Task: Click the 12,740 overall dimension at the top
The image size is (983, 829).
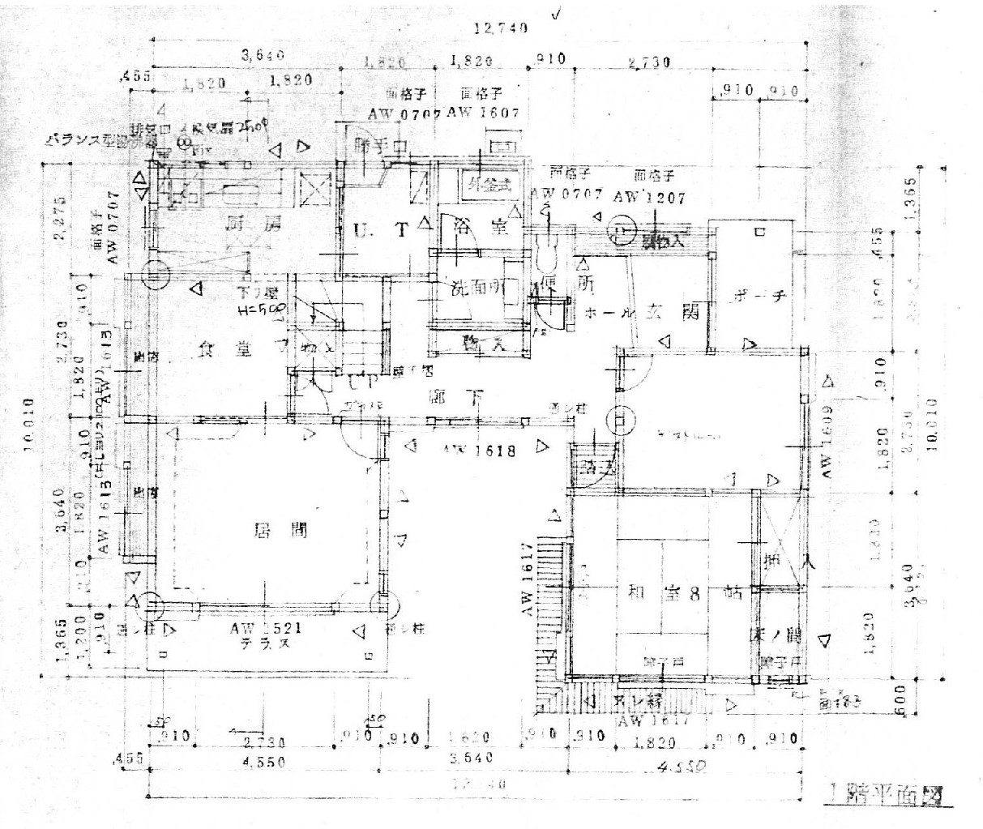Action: pos(502,28)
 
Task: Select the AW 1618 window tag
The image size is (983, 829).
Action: pos(479,451)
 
